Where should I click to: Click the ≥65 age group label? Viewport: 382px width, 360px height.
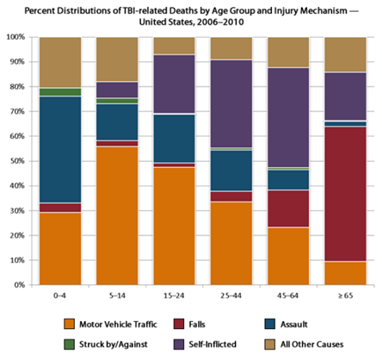[349, 296]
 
